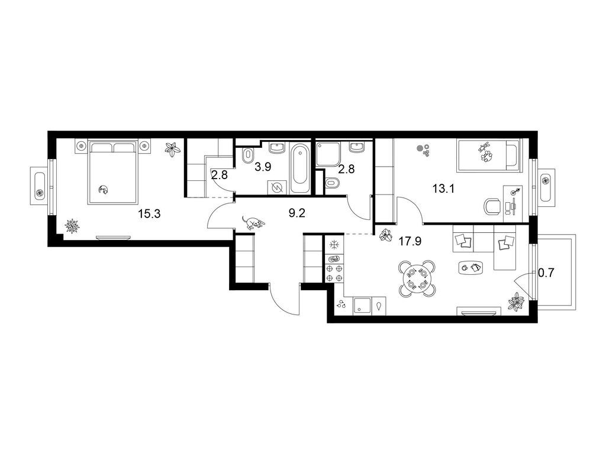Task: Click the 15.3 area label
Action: (x=149, y=213)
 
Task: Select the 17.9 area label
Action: (x=410, y=242)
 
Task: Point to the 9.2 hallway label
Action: (x=297, y=213)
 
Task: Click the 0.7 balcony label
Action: (x=546, y=273)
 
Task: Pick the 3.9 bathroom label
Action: (x=263, y=167)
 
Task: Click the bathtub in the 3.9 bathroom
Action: (x=300, y=168)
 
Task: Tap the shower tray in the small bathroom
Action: (x=328, y=154)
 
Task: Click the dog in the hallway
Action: (x=253, y=223)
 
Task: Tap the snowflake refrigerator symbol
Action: (x=334, y=245)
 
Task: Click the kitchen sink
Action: (x=361, y=306)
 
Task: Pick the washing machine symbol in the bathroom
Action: (x=278, y=187)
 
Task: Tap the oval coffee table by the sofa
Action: (x=471, y=267)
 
